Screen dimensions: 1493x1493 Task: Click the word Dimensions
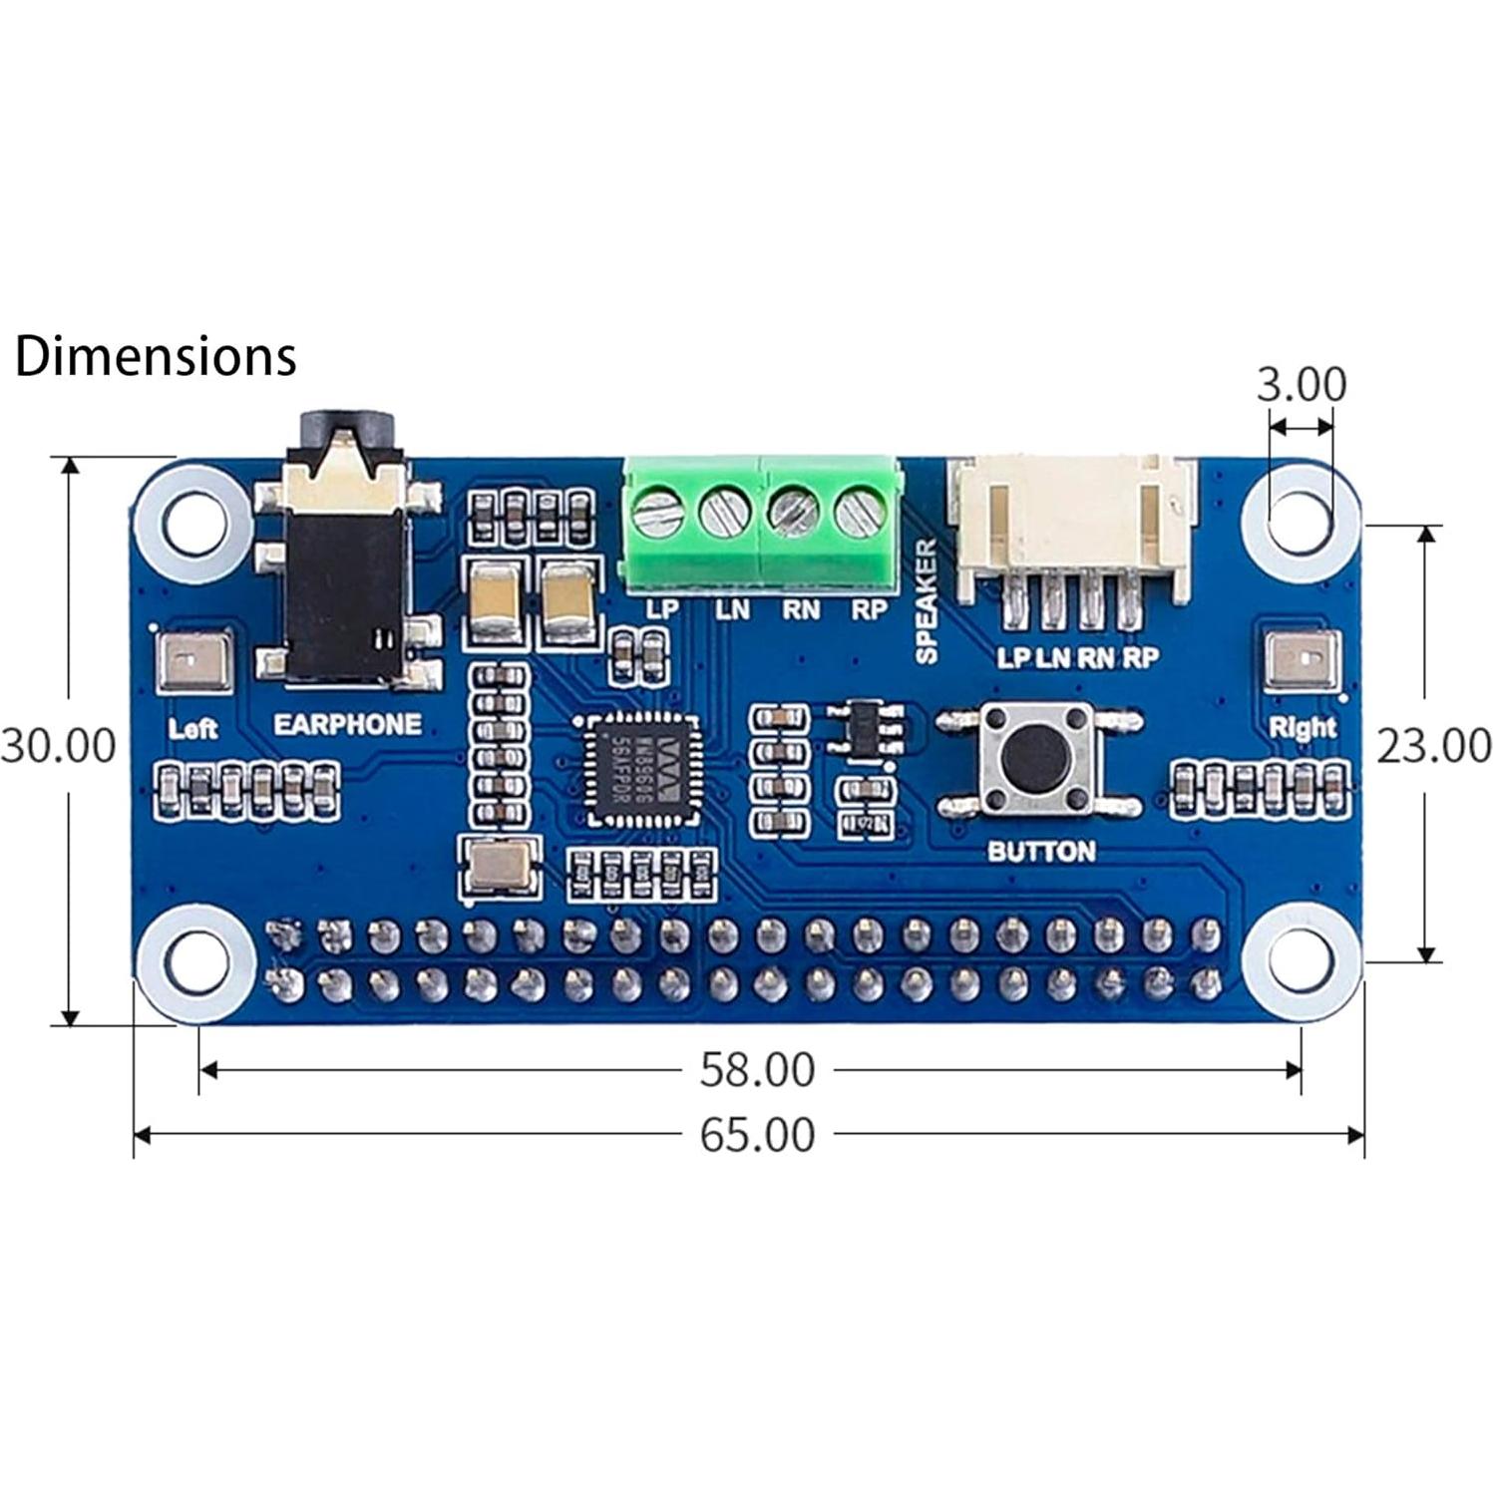coord(156,356)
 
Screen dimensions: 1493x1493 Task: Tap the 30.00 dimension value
coord(58,745)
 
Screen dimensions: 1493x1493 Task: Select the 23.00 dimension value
coord(1433,745)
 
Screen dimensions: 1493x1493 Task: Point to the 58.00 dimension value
coord(757,1069)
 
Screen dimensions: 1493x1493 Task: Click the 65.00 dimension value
coord(757,1134)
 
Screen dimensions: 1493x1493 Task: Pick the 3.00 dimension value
coord(1301,384)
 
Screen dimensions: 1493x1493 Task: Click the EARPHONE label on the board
coord(347,724)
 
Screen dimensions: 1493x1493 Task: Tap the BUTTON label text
coord(1040,851)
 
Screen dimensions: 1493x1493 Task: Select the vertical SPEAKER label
coord(926,601)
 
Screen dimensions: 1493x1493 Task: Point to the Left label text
coord(192,728)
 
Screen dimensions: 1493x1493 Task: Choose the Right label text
coord(1302,727)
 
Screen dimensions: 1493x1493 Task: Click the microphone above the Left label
coord(194,660)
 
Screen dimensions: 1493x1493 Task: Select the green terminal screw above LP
coord(657,514)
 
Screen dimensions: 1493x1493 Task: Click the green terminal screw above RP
coord(860,514)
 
